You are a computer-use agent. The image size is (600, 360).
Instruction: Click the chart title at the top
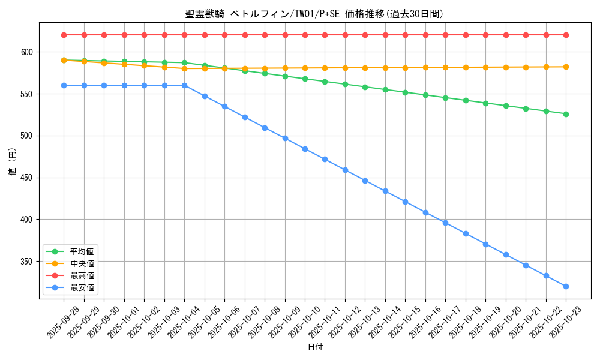pos(314,14)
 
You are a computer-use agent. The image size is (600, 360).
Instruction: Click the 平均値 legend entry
pos(82,251)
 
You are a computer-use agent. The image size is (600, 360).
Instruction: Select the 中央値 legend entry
pos(82,263)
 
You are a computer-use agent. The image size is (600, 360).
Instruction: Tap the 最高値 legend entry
pos(82,275)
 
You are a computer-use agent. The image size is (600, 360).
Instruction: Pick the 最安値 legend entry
pos(82,287)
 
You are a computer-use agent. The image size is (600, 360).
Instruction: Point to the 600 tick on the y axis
pos(28,52)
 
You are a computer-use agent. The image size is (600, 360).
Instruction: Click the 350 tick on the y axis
pos(28,262)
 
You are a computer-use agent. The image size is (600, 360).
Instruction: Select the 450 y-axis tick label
pos(28,178)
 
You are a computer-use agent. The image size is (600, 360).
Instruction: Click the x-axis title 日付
pos(315,347)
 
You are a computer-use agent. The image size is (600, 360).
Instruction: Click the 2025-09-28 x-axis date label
pos(64,323)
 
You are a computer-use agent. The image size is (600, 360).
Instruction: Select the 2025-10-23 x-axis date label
pos(566,323)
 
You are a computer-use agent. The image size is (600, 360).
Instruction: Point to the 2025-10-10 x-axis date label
pos(305,323)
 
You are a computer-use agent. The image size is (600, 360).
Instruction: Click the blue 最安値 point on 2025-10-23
pos(566,286)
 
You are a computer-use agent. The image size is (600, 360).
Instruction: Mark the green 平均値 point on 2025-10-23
pos(566,114)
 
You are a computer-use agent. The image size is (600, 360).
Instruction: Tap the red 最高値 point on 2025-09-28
pos(64,35)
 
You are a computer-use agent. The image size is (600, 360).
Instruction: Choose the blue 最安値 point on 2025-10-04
pos(184,85)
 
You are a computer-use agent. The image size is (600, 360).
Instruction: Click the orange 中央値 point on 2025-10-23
pos(566,67)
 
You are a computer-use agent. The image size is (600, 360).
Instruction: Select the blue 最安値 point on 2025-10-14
pos(385,191)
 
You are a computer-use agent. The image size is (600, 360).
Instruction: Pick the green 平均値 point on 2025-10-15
pos(405,92)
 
